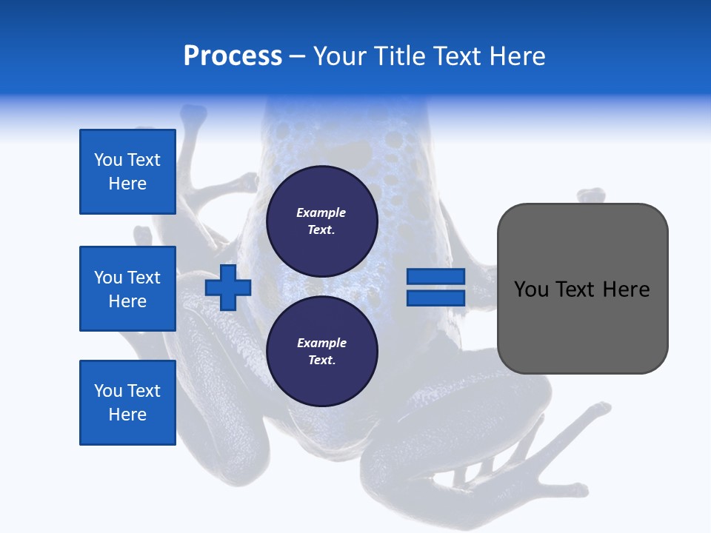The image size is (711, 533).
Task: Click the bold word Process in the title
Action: coord(233,56)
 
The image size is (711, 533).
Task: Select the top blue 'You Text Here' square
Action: coord(127,172)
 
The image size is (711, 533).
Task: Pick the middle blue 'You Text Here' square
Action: coord(127,289)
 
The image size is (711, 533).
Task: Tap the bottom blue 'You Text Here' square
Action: coord(127,403)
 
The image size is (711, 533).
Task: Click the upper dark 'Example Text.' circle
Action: coord(321,221)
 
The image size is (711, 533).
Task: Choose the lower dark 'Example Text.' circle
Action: coord(321,351)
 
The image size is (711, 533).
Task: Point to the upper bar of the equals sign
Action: coord(435,277)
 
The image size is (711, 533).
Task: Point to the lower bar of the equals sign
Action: coord(435,298)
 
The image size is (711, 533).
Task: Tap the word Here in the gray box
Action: coord(626,289)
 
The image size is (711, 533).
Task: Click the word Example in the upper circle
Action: coord(321,212)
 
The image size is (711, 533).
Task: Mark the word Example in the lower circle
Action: coord(321,343)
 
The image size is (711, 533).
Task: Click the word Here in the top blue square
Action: coord(127,184)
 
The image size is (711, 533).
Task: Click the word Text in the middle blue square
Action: coord(144,278)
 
